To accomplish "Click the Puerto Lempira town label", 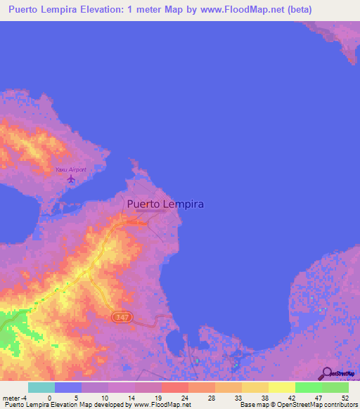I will click(x=165, y=204).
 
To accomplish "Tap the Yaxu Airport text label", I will click(x=71, y=170).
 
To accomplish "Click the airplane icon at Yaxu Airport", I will click(x=71, y=181).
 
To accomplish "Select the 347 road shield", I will click(x=122, y=318).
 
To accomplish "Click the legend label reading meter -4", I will click(x=15, y=397).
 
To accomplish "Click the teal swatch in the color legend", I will click(x=41, y=387).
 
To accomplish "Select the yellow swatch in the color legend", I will click(x=281, y=387).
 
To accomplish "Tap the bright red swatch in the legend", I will click(x=174, y=387).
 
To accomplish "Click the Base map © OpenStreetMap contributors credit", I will click(x=297, y=405).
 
